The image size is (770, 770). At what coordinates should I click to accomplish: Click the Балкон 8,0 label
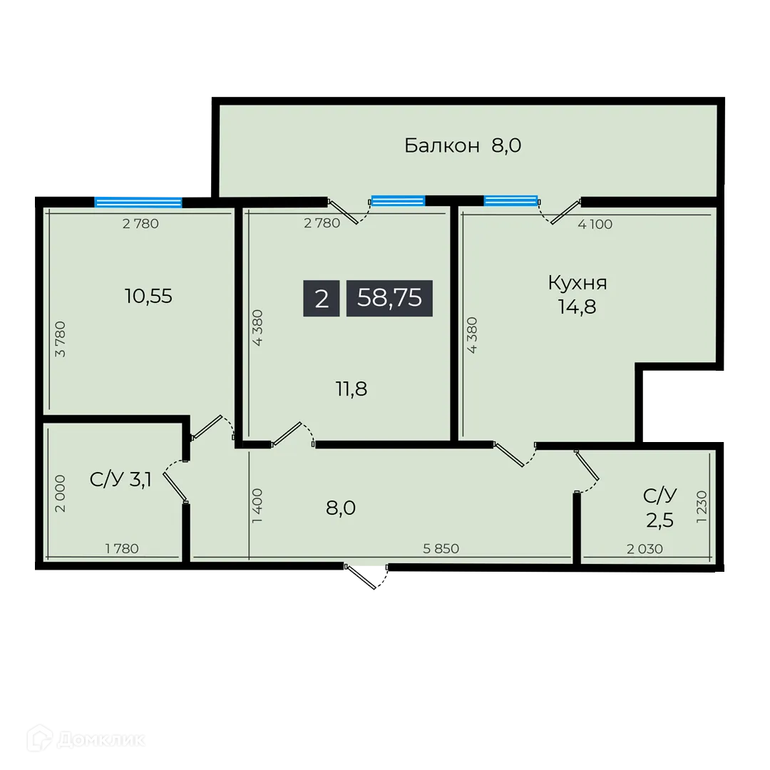(463, 146)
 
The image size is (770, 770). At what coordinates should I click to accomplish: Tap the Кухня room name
(577, 282)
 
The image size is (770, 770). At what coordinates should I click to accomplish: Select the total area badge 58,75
(389, 298)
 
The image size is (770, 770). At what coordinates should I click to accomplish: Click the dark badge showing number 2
(322, 298)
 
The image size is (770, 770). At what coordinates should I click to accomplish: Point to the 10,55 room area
(148, 296)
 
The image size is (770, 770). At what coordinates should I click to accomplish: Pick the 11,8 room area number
(351, 389)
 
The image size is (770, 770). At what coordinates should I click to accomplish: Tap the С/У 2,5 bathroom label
(659, 507)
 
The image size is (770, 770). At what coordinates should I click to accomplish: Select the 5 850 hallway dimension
(441, 548)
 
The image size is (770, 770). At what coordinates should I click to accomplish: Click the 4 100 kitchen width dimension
(595, 224)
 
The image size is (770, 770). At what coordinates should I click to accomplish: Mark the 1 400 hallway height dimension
(257, 507)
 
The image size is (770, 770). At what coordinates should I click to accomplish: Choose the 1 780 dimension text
(121, 548)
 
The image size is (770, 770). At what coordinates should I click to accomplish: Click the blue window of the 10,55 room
(138, 201)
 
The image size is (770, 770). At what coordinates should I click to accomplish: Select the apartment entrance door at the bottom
(366, 576)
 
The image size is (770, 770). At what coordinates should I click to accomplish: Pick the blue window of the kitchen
(510, 200)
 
